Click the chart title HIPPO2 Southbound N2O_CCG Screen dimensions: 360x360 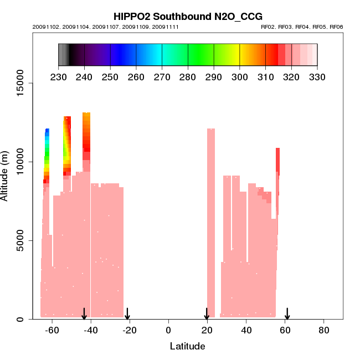(x=187, y=17)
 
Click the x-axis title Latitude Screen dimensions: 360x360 (x=187, y=346)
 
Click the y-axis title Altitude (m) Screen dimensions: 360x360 (x=5, y=174)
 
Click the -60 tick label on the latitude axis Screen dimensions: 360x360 (x=51, y=330)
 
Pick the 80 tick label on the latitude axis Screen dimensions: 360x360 (x=324, y=330)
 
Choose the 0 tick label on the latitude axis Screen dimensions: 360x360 (x=168, y=330)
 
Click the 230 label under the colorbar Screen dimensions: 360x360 (x=58, y=77)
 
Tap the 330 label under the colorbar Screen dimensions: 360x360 (x=317, y=77)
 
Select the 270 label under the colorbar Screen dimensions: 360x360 (x=162, y=77)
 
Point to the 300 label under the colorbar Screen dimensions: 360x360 (x=240, y=77)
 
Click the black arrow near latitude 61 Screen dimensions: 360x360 (x=287, y=314)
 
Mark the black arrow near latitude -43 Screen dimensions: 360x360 (x=84, y=314)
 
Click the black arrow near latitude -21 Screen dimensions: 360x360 (x=127, y=314)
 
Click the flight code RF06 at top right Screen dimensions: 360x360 (x=336, y=27)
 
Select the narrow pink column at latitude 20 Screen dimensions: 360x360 (x=210, y=222)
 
